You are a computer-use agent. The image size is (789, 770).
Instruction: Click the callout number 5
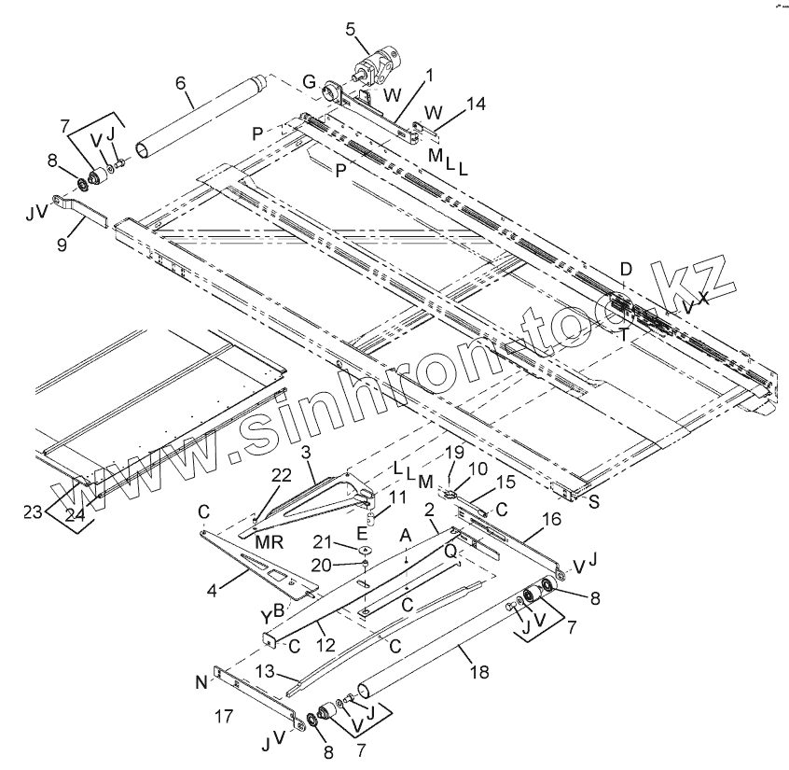tap(350, 28)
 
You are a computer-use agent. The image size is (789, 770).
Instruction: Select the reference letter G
tap(309, 82)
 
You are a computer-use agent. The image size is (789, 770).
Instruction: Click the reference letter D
tap(626, 270)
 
